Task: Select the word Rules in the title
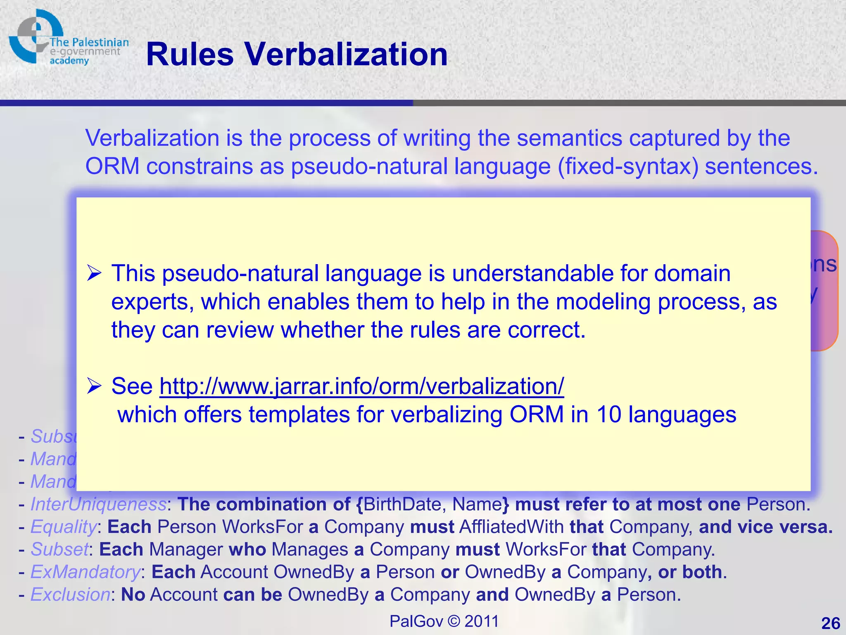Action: click(190, 55)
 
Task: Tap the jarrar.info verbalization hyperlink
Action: click(361, 386)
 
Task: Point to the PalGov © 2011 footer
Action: click(444, 621)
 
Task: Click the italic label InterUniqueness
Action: click(98, 504)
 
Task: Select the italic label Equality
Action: click(64, 527)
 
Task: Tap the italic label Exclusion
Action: click(70, 594)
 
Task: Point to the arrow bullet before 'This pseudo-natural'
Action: click(95, 274)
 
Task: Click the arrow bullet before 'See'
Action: click(95, 386)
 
